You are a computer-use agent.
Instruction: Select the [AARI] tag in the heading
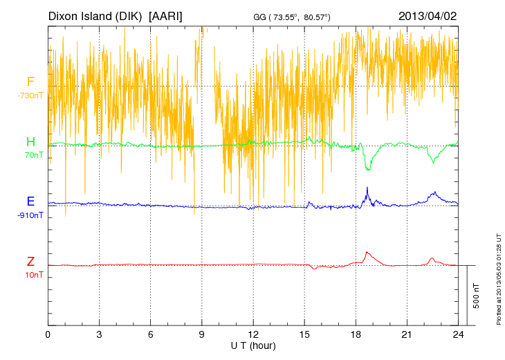pyautogui.click(x=166, y=15)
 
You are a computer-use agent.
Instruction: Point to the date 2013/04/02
pyautogui.click(x=428, y=15)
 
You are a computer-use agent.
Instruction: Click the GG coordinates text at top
pyautogui.click(x=292, y=16)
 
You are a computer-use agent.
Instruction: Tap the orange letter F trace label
pyautogui.click(x=30, y=82)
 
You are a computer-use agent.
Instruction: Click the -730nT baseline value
pyautogui.click(x=30, y=95)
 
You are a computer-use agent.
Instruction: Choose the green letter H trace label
pyautogui.click(x=30, y=142)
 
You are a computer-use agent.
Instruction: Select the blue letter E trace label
pyautogui.click(x=30, y=201)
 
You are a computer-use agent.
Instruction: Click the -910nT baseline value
pyautogui.click(x=30, y=215)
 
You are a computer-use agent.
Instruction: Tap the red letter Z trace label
pyautogui.click(x=30, y=261)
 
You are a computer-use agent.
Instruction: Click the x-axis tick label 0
pyautogui.click(x=48, y=334)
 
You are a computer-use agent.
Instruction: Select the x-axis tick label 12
pyautogui.click(x=253, y=334)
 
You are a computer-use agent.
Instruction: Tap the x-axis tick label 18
pyautogui.click(x=356, y=334)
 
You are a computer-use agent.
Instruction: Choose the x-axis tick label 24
pyautogui.click(x=458, y=334)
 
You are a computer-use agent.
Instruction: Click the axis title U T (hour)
pyautogui.click(x=253, y=345)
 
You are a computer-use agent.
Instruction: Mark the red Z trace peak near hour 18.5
pyautogui.click(x=367, y=251)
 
